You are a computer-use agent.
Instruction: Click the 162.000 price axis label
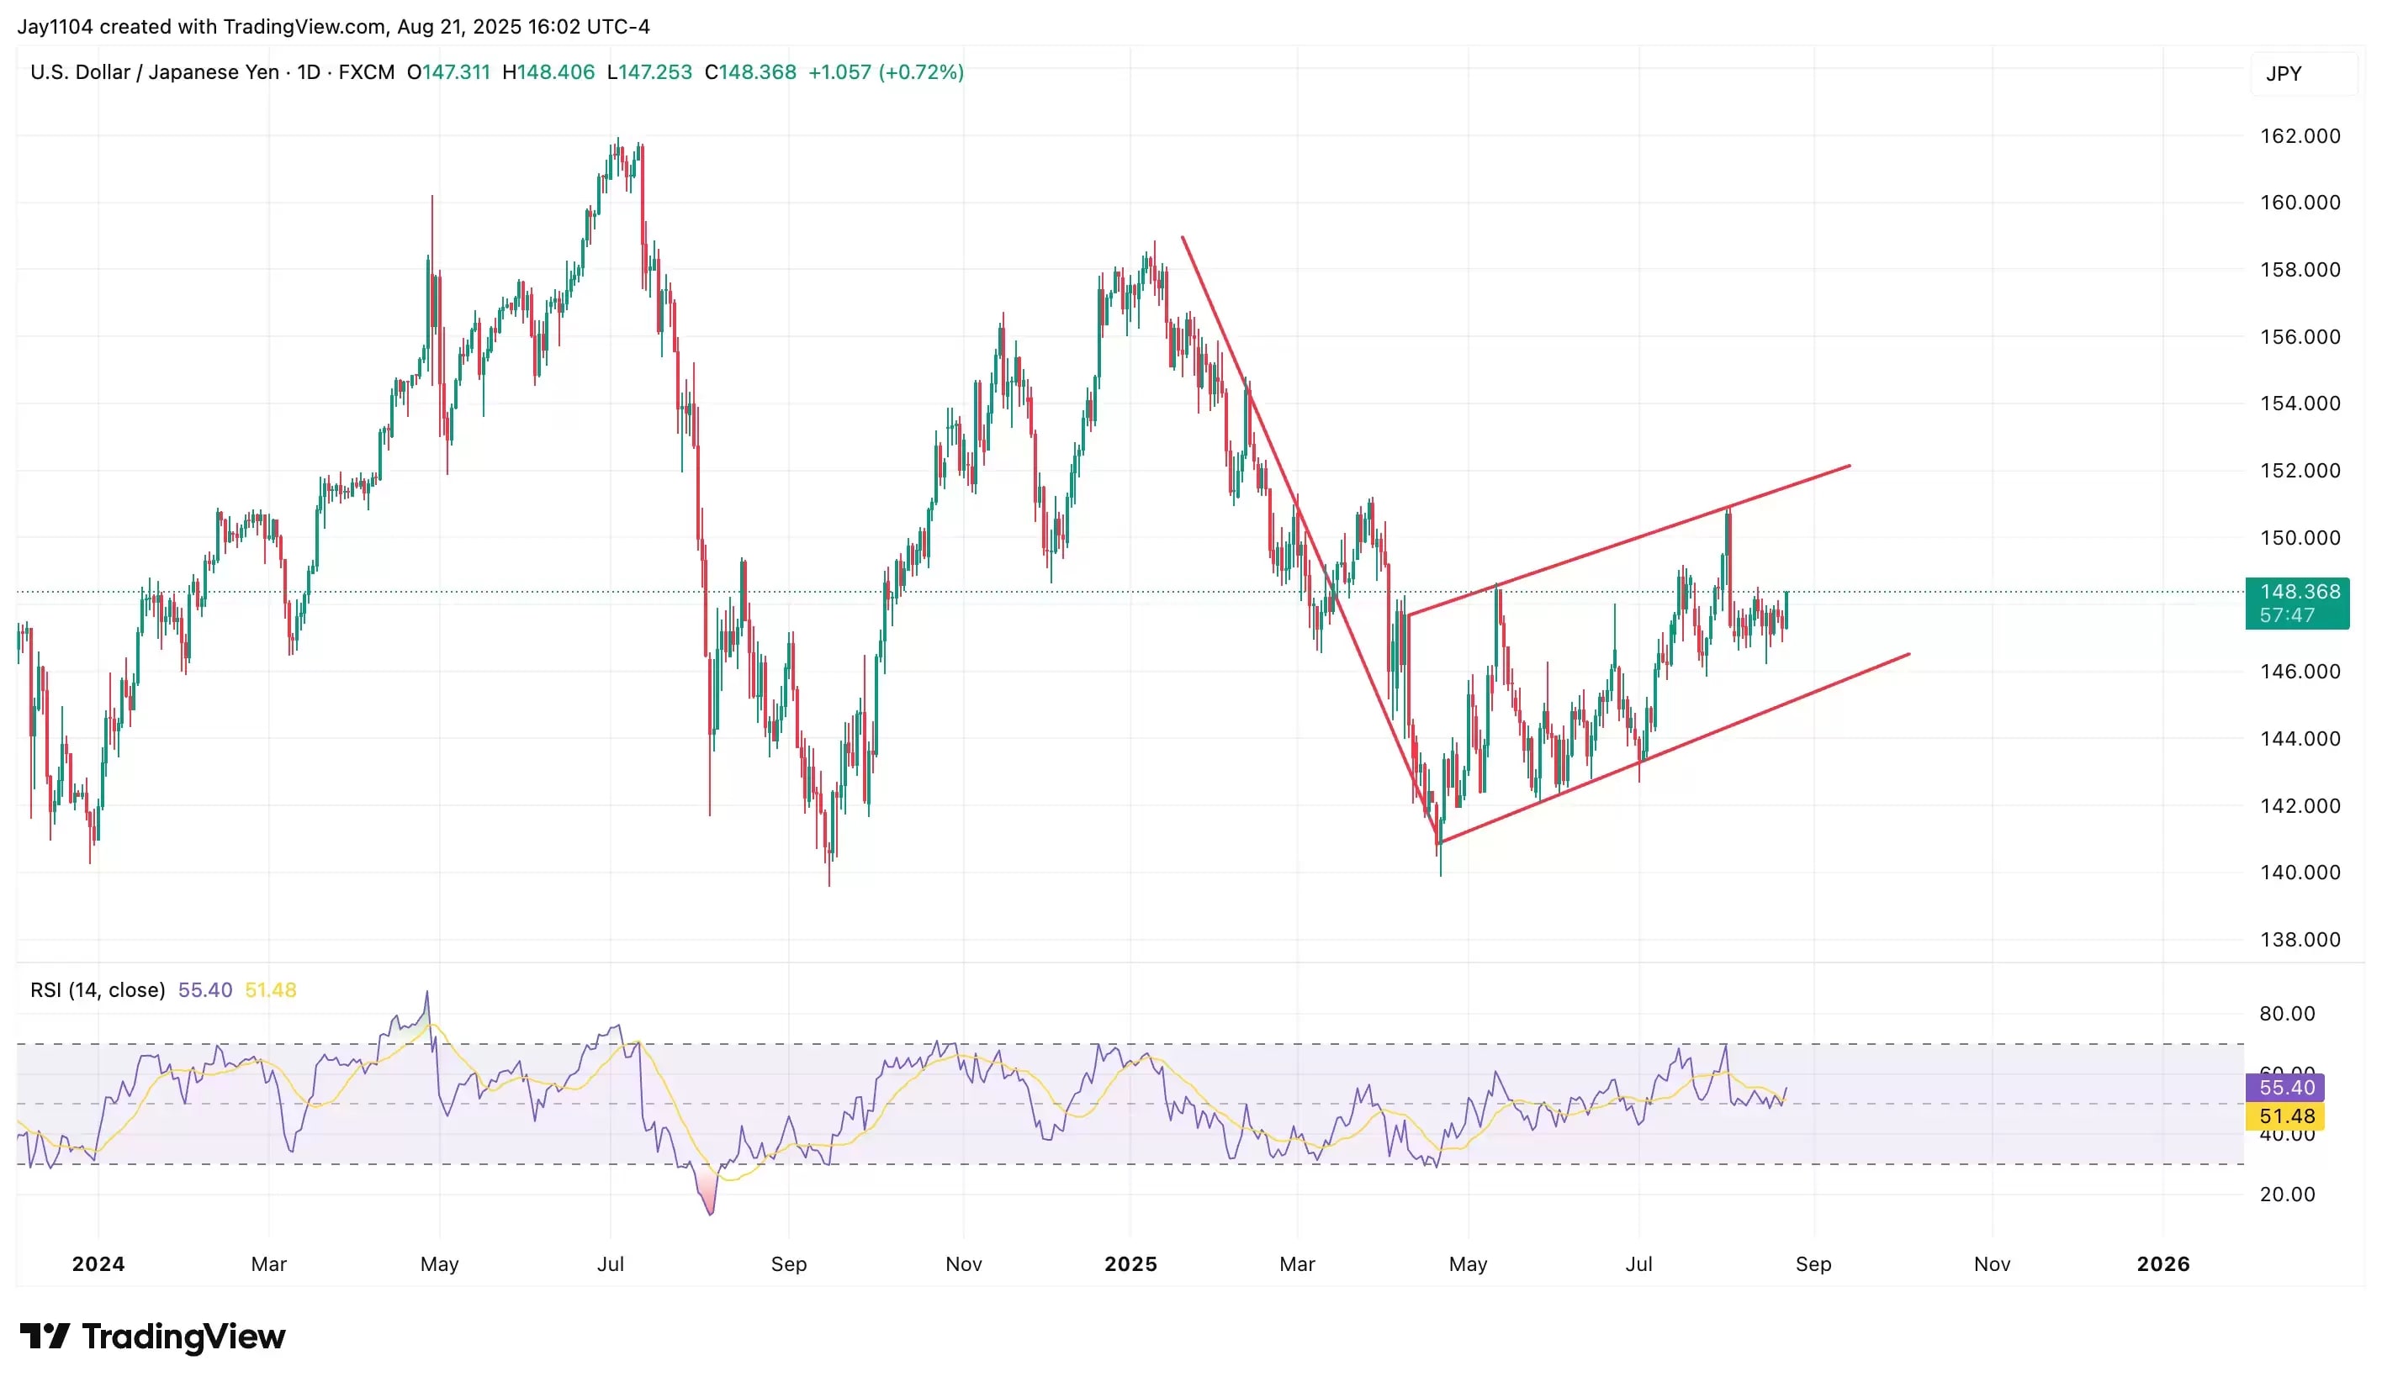(2299, 136)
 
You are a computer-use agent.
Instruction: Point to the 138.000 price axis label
(2299, 939)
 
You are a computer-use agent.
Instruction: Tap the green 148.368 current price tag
(2296, 603)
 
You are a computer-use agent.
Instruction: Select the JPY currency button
(2283, 74)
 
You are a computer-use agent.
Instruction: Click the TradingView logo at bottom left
(152, 1336)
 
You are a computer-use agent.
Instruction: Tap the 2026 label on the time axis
(2162, 1264)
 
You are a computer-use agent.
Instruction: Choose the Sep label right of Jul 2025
(1812, 1264)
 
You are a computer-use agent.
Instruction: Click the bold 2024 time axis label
(98, 1264)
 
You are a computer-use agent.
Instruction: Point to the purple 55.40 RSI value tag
(2285, 1088)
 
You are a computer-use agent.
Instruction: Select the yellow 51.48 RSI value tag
(2285, 1115)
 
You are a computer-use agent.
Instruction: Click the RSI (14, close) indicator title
(98, 990)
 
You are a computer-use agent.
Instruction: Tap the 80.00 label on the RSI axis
(2286, 1014)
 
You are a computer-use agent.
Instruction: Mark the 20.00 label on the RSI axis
(2286, 1195)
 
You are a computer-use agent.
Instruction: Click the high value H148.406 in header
(548, 73)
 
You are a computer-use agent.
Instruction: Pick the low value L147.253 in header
(649, 73)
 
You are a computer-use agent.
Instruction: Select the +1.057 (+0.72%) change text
(886, 73)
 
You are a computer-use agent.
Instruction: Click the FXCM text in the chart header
(367, 73)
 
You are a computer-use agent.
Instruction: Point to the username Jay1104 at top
(55, 26)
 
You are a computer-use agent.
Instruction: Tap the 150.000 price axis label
(2299, 538)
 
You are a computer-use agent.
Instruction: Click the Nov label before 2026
(1992, 1264)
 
